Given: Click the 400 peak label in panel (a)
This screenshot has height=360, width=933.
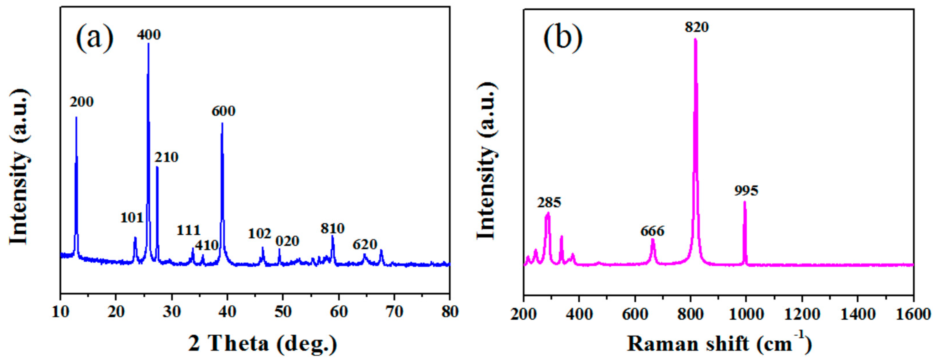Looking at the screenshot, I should pos(148,35).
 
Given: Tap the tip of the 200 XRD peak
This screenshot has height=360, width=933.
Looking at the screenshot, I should pos(76,117).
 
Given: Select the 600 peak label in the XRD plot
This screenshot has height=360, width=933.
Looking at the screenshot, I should pos(223,111).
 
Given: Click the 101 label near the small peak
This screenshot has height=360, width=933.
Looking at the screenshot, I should pos(132,218).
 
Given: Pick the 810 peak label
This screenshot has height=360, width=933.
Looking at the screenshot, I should pos(332,229).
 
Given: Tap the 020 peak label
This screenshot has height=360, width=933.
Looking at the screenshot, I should pos(287,241).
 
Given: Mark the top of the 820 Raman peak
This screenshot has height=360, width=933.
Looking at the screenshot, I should pos(695,39).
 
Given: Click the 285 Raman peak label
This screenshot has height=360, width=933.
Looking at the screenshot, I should pos(549,202).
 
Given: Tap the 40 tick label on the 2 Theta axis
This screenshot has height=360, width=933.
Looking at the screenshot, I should pos(227,312).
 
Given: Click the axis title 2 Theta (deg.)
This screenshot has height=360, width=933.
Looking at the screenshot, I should pos(263,343).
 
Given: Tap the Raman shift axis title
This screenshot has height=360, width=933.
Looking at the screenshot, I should pos(719,343).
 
